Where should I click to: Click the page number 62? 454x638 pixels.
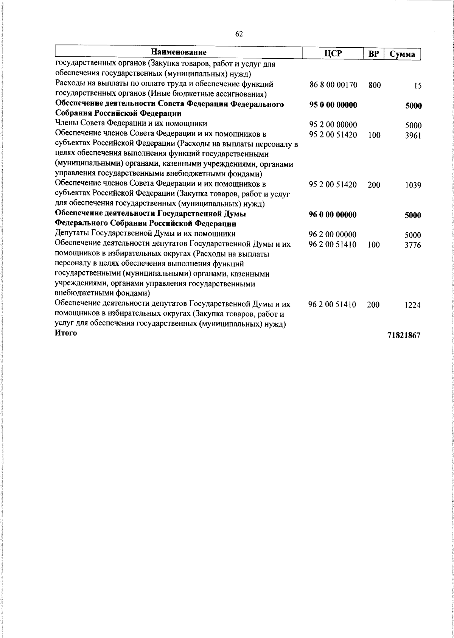point(239,34)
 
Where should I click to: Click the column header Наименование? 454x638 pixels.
point(179,52)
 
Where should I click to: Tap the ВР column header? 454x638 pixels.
point(374,54)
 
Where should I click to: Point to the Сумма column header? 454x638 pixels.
point(403,54)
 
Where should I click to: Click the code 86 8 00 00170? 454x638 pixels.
point(333,85)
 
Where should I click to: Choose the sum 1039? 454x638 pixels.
point(413,186)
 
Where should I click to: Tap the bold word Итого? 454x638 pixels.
point(66,333)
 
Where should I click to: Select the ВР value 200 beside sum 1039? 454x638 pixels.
point(374,185)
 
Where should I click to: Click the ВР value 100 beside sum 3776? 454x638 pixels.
point(373,245)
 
